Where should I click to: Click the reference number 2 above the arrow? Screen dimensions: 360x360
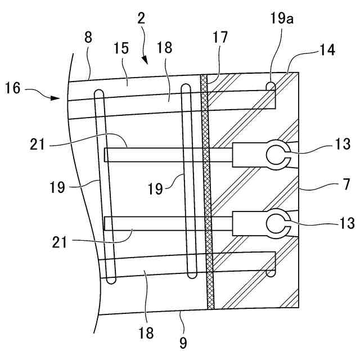point(141,17)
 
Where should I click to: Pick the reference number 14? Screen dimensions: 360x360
point(327,51)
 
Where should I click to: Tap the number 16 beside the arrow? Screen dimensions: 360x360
point(13,87)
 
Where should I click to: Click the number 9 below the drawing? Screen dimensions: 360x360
point(183,341)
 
